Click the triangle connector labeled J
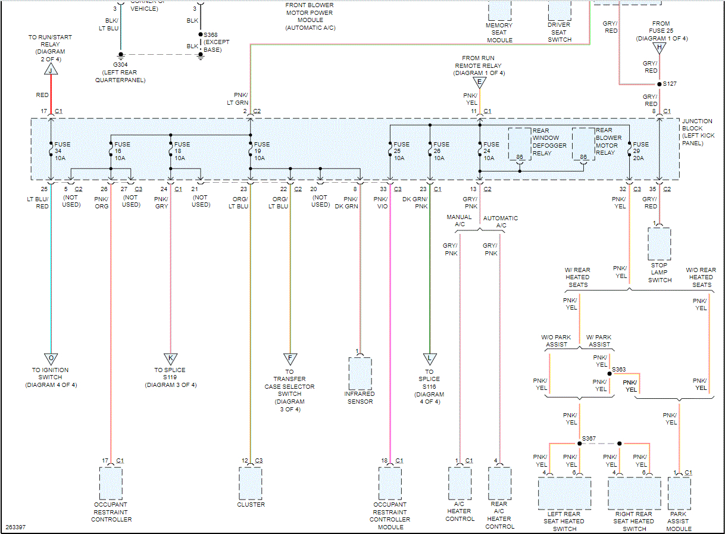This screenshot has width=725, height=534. tap(51, 70)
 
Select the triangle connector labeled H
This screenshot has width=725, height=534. tap(659, 48)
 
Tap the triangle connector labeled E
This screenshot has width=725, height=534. tap(479, 83)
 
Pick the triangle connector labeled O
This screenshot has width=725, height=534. tap(51, 358)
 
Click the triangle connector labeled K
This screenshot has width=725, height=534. tap(171, 358)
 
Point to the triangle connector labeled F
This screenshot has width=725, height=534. tap(290, 358)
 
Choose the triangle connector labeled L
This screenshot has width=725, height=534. tap(429, 358)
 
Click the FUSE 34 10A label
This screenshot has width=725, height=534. tap(62, 151)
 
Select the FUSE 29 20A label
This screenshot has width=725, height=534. tap(640, 151)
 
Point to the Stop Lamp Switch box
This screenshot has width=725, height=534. tap(660, 244)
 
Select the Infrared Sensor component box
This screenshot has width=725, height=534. tap(360, 373)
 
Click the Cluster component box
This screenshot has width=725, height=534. tap(250, 483)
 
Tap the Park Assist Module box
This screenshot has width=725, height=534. tap(679, 492)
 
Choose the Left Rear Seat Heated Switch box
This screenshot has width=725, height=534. tap(564, 493)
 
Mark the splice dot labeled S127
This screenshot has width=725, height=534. tap(659, 84)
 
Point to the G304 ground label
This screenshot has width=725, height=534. tap(121, 65)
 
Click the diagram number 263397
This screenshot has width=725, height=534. tap(15, 527)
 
